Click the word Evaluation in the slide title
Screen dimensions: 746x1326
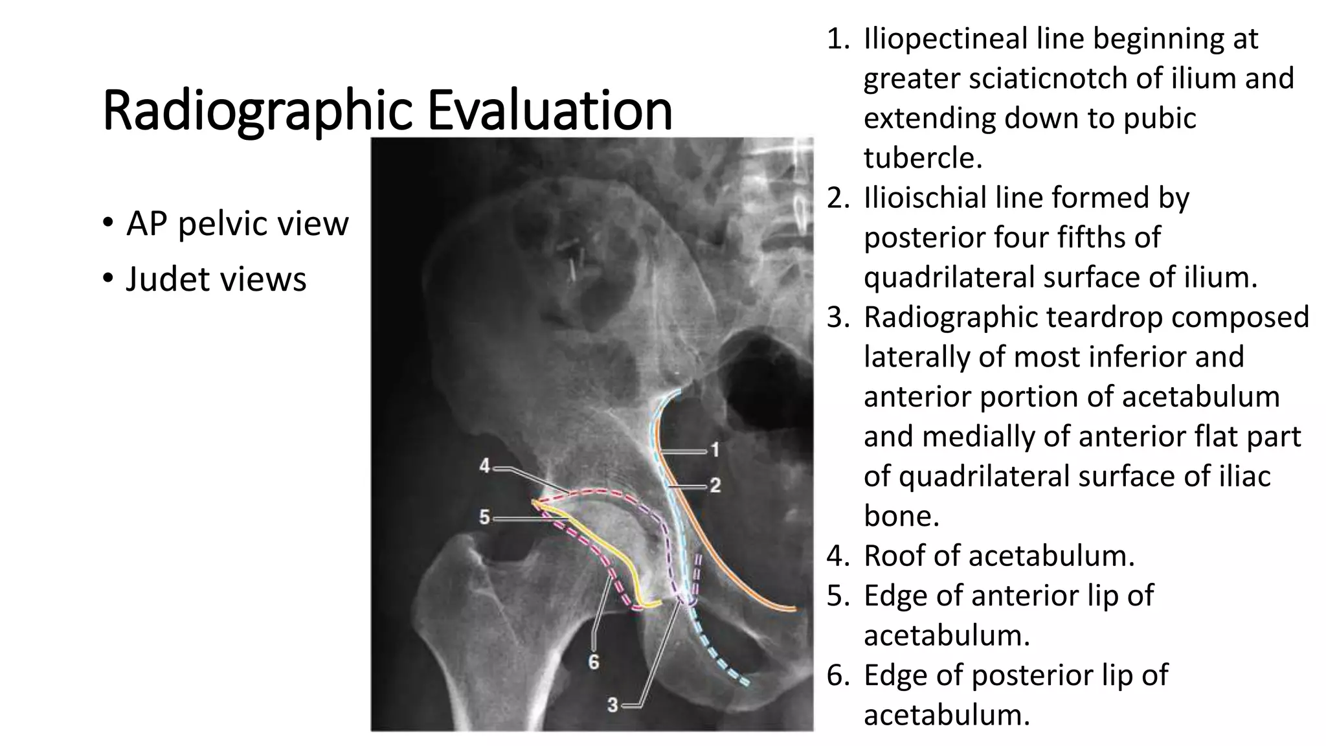tap(550, 110)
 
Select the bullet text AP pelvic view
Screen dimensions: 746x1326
tap(237, 223)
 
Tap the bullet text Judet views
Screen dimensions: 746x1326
tap(216, 279)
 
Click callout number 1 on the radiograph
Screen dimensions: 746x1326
tap(715, 450)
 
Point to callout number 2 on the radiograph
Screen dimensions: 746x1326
tap(715, 485)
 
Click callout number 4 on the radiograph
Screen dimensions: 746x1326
tap(485, 466)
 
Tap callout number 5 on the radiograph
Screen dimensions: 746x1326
tap(485, 517)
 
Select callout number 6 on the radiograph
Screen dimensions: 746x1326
tap(593, 662)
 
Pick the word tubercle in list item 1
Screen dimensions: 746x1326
tap(923, 158)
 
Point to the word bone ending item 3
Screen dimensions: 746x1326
tap(901, 516)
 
